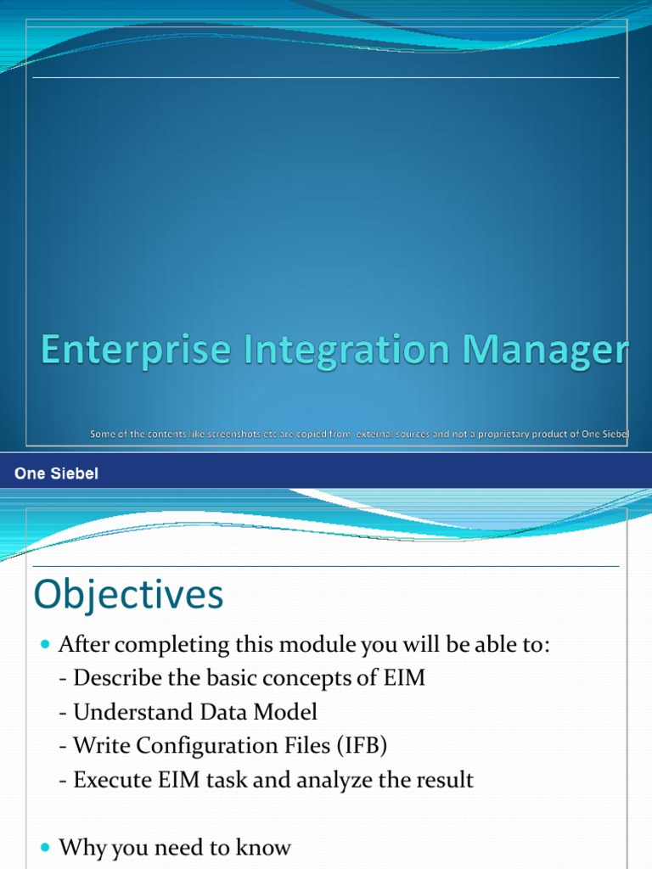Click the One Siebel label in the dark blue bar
coord(57,474)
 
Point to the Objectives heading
coord(128,596)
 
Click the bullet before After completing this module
coord(46,646)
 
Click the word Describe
coord(115,678)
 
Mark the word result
coord(446,780)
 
